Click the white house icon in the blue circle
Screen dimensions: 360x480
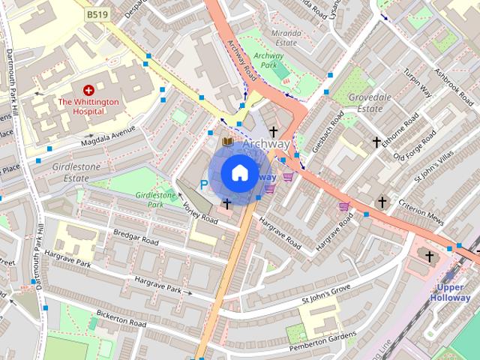tap(238, 173)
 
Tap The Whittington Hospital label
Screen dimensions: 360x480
tap(88, 106)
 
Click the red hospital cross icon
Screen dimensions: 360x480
tap(88, 89)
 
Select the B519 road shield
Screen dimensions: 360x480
tap(96, 14)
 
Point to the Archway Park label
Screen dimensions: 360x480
tap(268, 60)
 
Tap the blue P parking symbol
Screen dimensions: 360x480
tap(202, 184)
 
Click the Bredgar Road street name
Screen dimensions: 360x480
tap(136, 238)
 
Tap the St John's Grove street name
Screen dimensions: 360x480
tap(326, 294)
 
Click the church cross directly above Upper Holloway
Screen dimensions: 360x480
tap(430, 256)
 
